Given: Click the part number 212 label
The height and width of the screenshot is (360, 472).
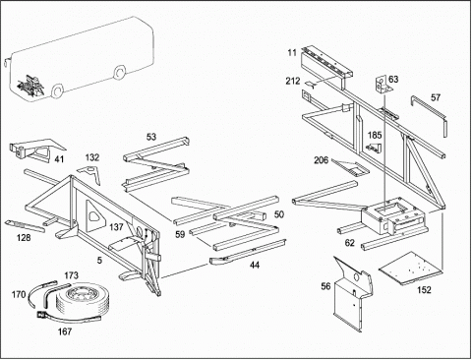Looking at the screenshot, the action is pos(292,81).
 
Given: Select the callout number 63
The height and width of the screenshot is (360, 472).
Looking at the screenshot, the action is pos(393,80).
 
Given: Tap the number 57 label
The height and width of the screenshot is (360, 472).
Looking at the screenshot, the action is pos(436,97).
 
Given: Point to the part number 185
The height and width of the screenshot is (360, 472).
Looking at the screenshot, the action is pos(375,135).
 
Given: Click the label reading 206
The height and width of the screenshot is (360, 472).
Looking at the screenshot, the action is pos(322,160).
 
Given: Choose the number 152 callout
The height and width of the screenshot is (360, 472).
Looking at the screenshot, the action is pos(424,290).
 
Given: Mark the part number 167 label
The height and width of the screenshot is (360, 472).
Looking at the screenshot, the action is pos(65,331).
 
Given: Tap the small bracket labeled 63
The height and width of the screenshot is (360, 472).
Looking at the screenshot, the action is pos(382,86).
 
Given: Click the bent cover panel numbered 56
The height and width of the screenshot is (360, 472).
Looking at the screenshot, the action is pos(352,293).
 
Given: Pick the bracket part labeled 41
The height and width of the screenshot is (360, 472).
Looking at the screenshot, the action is pos(36,150).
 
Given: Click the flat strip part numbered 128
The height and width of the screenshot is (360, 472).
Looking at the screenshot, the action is pos(25,226).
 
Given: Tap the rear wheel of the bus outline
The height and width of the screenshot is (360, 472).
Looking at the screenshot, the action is pos(120,72).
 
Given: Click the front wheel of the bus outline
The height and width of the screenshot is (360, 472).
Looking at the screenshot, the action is pos(58,90).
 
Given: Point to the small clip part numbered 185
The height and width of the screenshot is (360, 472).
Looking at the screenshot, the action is pos(374,148).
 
